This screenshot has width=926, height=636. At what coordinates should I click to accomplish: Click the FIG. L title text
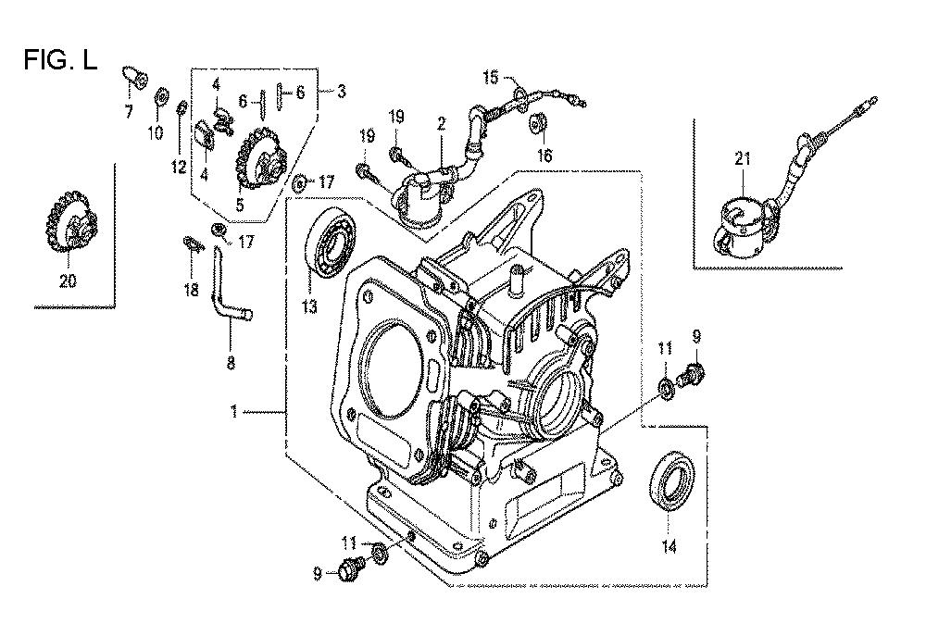(60, 59)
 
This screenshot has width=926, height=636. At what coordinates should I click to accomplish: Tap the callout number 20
(68, 281)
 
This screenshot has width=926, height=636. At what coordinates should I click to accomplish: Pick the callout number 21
(743, 159)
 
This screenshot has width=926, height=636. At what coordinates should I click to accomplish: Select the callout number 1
(234, 411)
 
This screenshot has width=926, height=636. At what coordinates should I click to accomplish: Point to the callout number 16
(544, 156)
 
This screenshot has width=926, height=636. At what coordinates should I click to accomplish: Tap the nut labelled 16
(539, 125)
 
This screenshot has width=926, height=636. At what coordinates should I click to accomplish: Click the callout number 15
(490, 77)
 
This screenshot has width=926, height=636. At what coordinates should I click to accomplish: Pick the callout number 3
(342, 92)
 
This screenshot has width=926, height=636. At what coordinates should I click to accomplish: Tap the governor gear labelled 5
(261, 157)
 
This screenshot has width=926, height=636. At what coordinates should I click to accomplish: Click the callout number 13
(309, 307)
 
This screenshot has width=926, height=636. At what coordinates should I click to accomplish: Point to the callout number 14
(669, 547)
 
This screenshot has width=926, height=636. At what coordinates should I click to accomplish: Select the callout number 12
(179, 168)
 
